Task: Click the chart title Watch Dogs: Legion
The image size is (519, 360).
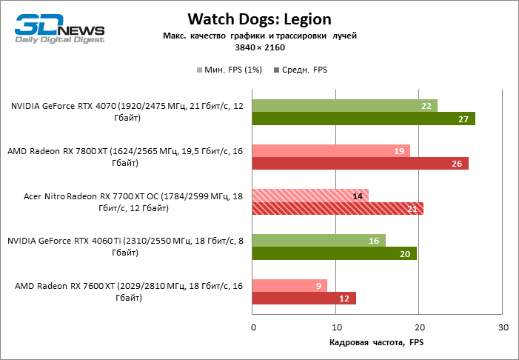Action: [259, 18]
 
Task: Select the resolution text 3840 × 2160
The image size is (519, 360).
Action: [259, 47]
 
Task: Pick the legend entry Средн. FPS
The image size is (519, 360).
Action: [301, 70]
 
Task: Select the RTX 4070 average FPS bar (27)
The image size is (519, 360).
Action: [364, 119]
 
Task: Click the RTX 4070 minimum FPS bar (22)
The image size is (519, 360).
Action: [345, 106]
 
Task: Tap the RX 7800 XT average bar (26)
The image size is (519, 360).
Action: [361, 164]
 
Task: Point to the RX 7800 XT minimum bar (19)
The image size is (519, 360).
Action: [331, 151]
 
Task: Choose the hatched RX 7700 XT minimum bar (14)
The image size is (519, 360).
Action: [310, 196]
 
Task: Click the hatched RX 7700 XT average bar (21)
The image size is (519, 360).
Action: [338, 208]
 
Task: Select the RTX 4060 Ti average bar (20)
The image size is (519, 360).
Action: [335, 253]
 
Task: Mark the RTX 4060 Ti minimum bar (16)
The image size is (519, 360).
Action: [318, 241]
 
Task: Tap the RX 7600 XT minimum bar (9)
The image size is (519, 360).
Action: [289, 285]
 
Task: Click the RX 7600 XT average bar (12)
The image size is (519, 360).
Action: [304, 298]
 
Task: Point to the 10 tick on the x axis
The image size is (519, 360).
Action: [336, 327]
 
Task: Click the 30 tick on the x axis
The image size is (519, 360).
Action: [503, 327]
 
